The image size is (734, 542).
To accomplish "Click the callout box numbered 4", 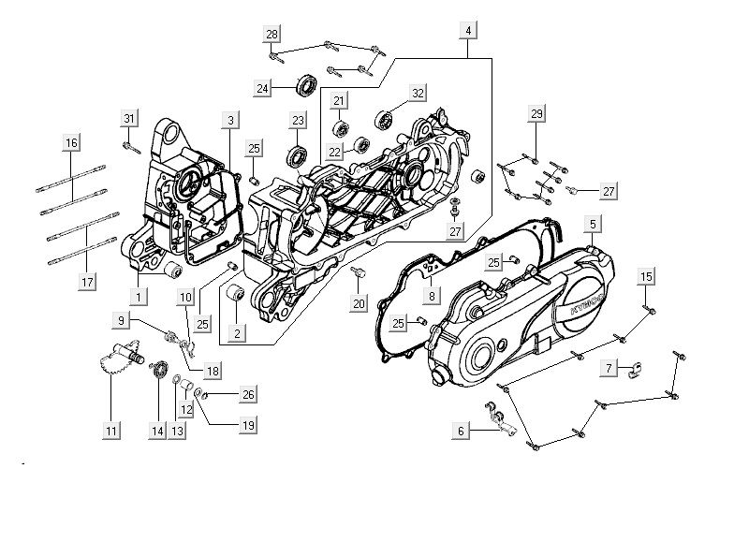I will (x=467, y=31).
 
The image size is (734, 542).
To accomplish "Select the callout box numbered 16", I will (x=71, y=142).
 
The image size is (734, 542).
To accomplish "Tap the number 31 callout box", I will (x=129, y=118).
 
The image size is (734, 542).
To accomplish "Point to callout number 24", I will (x=265, y=88).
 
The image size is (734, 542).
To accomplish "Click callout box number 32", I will (x=418, y=93).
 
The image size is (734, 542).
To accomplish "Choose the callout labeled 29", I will (x=536, y=113).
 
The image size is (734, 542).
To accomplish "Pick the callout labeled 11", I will (x=111, y=431).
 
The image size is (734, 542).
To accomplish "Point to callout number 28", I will (x=272, y=34).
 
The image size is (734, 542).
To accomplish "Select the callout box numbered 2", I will (x=238, y=332).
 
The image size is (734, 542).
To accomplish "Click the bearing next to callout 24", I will (x=306, y=85).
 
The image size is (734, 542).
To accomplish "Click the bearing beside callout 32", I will (x=383, y=119).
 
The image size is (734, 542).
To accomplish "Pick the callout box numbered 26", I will (x=248, y=393).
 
